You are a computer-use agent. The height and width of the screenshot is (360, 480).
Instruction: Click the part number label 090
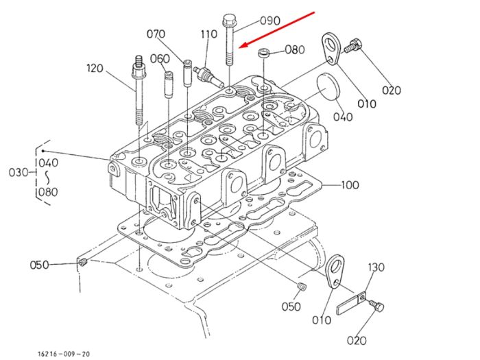coord(270,21)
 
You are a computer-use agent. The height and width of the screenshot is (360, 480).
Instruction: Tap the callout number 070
coord(156,34)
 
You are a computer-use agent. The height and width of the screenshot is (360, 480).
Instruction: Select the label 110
coord(208,34)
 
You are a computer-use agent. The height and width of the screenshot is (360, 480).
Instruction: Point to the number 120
coord(95,68)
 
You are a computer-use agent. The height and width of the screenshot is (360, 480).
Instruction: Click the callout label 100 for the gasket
coord(350,185)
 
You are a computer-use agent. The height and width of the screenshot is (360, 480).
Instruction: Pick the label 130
coord(376,267)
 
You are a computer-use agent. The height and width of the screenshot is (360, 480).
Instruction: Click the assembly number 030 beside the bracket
coord(19,173)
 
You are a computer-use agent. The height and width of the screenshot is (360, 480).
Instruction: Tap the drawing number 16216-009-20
coord(64,355)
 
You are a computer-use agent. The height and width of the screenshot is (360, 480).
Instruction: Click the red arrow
coord(277,29)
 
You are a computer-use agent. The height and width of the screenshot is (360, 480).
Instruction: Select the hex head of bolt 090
coord(228,20)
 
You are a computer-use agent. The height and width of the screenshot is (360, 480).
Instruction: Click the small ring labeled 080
coord(263,52)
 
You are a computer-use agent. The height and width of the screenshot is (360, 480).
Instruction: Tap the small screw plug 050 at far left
coord(82,263)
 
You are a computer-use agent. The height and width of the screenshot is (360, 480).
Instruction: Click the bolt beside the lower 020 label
coord(376,306)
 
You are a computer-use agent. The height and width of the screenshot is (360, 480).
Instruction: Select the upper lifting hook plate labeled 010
coord(331,49)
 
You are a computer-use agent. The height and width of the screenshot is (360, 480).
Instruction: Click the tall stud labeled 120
coord(139,90)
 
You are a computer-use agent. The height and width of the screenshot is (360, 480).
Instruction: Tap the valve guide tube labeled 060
coord(169,84)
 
